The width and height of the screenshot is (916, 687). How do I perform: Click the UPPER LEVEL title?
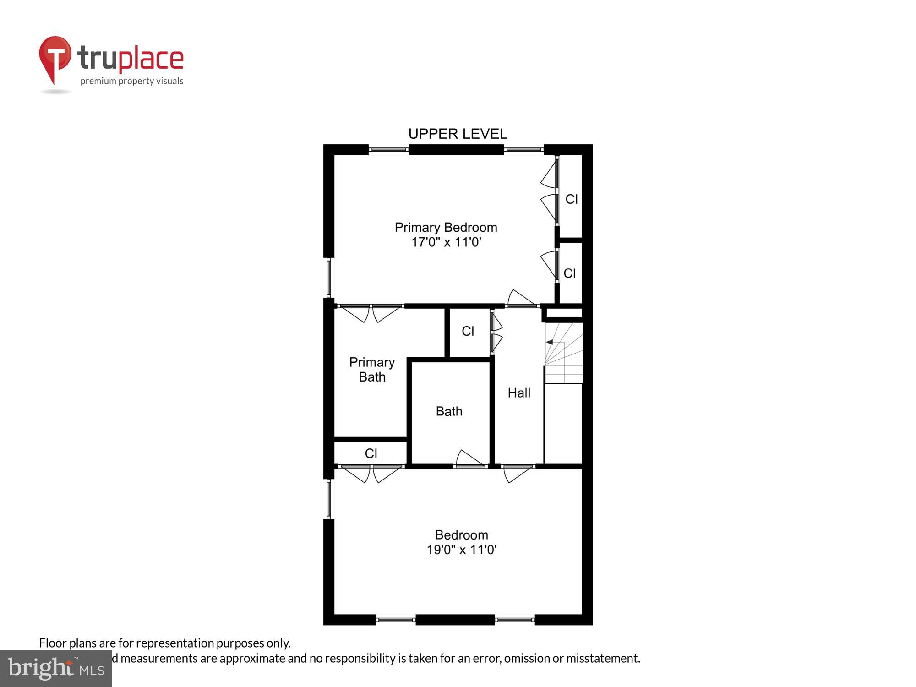coord(458,134)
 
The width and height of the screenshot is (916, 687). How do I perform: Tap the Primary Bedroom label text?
coord(446,227)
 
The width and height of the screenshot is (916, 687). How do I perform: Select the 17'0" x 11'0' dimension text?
coord(446,242)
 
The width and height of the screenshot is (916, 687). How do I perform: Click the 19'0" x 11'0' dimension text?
coord(461,550)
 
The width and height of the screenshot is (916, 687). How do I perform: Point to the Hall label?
coord(519,393)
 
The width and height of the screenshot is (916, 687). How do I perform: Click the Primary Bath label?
coord(372,370)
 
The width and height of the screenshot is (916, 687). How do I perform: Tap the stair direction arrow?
coord(550,342)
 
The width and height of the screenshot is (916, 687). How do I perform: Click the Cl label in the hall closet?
coord(468,331)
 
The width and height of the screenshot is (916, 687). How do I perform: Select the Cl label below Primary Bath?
coord(371,453)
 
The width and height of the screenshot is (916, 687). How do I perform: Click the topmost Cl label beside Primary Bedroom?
coord(571,199)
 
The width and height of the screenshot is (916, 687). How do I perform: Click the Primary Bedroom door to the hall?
coord(521,298)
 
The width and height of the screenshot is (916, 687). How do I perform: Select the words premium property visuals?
coord(132,81)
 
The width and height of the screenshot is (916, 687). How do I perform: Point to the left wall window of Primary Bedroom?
coord(329,278)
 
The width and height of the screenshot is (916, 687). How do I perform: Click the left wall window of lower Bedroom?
coord(329,499)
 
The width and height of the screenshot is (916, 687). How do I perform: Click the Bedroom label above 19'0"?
coord(461,535)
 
